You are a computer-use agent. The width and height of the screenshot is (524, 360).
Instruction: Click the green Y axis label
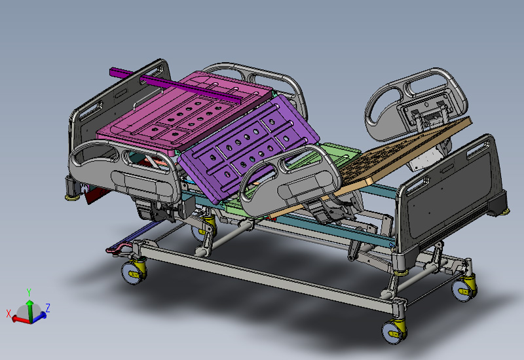(x=29, y=292)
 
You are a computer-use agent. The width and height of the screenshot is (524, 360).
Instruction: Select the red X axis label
(x=9, y=314)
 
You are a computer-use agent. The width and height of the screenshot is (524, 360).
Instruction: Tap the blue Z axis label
(x=48, y=307)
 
